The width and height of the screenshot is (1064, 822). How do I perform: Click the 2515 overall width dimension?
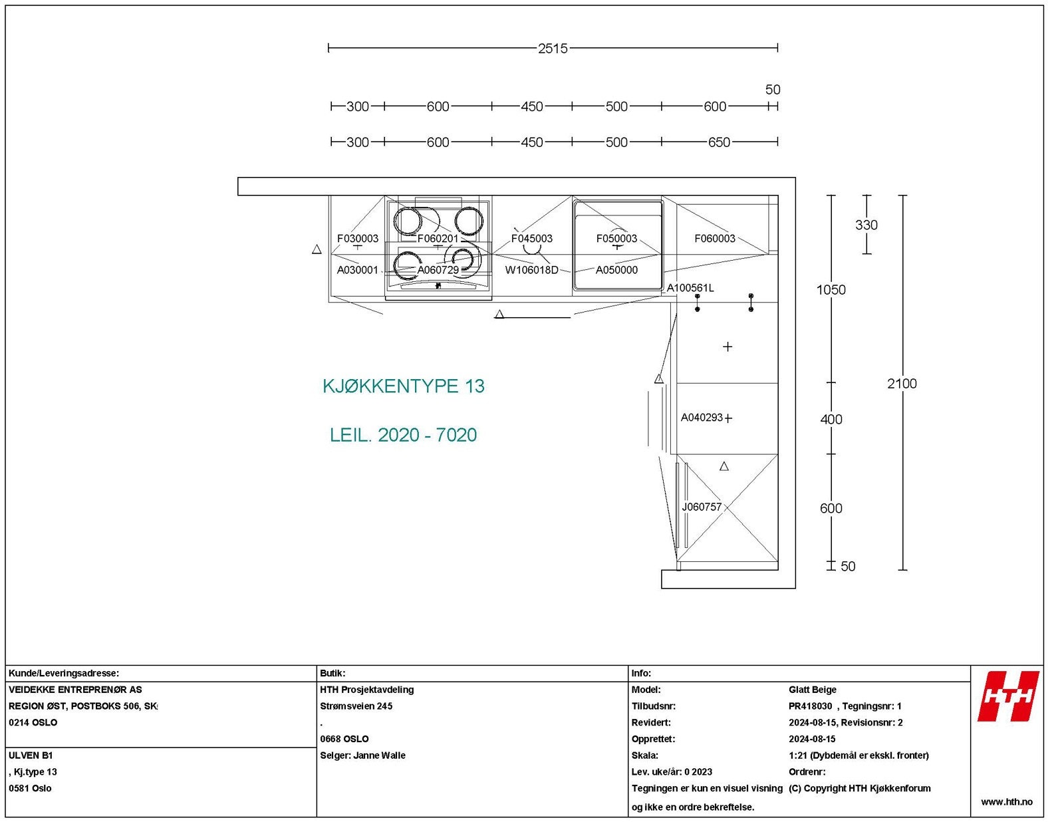(x=553, y=49)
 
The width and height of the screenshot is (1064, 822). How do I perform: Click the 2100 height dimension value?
(x=901, y=384)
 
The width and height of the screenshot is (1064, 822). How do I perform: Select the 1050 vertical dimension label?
(x=831, y=290)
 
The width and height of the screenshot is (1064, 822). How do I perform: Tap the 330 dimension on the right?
(x=866, y=225)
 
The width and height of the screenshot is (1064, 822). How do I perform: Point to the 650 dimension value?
(x=718, y=142)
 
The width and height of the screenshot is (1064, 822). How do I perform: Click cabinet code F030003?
(x=357, y=239)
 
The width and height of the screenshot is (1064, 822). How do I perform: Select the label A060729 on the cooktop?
(x=438, y=270)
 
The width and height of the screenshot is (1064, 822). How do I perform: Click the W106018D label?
(x=531, y=270)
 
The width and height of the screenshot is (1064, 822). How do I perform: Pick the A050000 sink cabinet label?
(x=616, y=270)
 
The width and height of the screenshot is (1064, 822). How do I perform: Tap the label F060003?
(x=714, y=239)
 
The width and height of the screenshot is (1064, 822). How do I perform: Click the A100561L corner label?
(x=690, y=288)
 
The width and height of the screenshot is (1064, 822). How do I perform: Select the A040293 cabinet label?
(x=701, y=418)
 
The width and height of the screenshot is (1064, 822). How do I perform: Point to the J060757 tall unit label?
(x=701, y=507)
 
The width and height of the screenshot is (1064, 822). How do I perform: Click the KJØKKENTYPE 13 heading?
(x=403, y=386)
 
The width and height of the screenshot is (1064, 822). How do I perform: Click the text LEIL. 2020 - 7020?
(x=403, y=435)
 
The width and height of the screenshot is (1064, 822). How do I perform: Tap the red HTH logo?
(x=1007, y=696)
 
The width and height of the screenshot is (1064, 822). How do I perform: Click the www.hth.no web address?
(x=1006, y=802)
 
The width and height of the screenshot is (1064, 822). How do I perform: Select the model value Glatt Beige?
(x=812, y=690)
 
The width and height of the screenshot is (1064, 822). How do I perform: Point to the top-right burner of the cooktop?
(x=468, y=221)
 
